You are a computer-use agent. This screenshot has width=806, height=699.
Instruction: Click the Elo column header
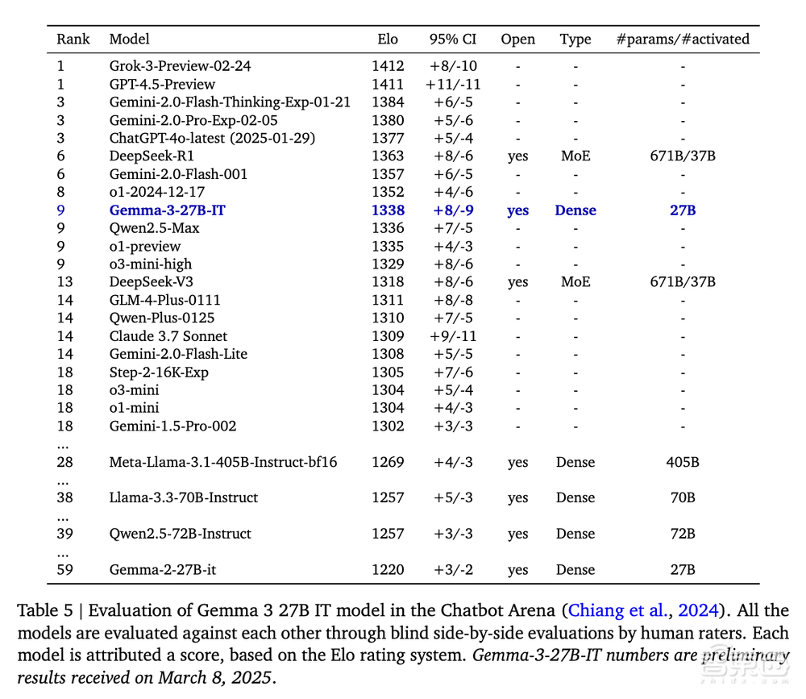tap(387, 39)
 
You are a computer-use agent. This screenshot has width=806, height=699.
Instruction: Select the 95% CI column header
tap(453, 39)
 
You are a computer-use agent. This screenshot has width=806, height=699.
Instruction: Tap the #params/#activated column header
tap(682, 39)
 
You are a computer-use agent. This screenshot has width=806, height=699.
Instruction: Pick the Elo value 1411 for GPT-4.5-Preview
tap(388, 84)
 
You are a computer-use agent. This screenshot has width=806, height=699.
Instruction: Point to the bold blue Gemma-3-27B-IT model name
tap(168, 210)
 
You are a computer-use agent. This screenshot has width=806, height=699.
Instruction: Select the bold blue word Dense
tap(575, 210)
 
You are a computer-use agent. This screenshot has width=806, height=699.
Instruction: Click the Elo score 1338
tap(388, 210)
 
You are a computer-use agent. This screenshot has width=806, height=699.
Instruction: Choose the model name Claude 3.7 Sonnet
tap(168, 335)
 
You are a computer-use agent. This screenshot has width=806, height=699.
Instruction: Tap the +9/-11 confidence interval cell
tap(454, 335)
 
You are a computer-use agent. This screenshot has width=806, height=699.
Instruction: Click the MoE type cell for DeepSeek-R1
tap(575, 156)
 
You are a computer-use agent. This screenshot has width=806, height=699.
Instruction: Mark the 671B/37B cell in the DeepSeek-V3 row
tap(682, 281)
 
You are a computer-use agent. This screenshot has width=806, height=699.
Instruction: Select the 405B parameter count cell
tap(682, 462)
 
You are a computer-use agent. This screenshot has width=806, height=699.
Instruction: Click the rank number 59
tap(65, 570)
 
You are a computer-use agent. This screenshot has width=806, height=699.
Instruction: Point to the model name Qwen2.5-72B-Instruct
tap(181, 534)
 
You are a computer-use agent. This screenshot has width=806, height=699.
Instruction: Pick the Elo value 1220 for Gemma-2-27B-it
tap(388, 570)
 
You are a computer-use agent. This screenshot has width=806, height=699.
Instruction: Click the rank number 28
tap(65, 462)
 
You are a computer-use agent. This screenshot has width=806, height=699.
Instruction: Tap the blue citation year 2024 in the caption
tap(699, 611)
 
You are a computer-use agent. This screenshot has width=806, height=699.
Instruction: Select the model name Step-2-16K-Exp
tap(159, 372)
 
